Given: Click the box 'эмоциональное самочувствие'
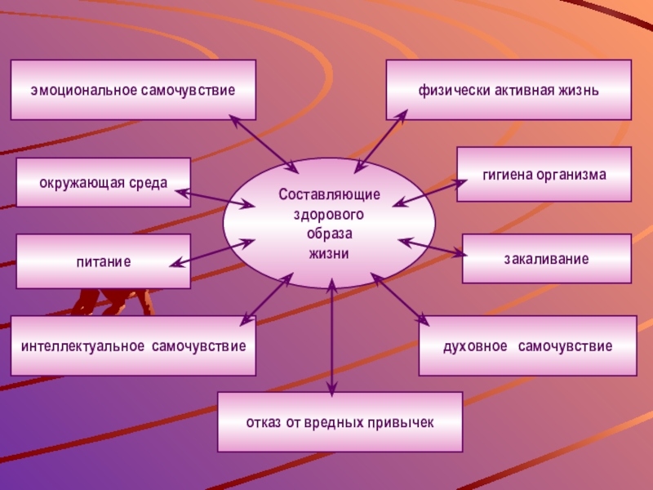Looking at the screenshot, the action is tap(133, 90).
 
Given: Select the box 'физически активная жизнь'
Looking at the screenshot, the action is tap(509, 90).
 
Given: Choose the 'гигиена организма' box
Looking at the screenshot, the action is tap(544, 174).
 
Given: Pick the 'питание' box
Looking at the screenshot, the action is tap(104, 261).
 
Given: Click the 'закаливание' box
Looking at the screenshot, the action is tap(547, 258).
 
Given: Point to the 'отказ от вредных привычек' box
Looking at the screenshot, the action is tap(340, 422).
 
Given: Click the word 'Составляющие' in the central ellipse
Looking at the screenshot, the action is tap(329, 196).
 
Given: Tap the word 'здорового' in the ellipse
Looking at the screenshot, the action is tap(329, 216).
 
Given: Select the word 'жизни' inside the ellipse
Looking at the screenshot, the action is tap(329, 253).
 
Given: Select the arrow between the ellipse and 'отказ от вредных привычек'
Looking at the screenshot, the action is tap(331, 339).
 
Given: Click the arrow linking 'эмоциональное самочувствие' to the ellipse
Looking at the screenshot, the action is tap(264, 144).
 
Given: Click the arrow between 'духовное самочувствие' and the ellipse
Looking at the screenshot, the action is tap(400, 300).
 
